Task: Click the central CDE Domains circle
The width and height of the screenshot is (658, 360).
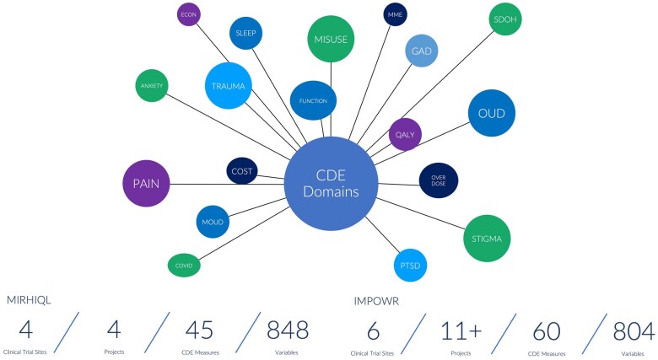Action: click(x=331, y=183)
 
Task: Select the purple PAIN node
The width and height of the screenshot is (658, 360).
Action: click(x=146, y=183)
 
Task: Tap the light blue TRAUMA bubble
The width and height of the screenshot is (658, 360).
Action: click(x=229, y=85)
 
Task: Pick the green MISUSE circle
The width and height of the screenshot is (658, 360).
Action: click(x=331, y=39)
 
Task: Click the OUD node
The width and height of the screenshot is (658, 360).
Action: click(x=492, y=113)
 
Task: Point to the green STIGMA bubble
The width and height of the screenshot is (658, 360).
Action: click(x=487, y=239)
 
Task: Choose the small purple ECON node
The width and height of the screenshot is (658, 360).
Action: click(x=189, y=14)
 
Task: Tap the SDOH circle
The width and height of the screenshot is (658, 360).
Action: click(x=505, y=19)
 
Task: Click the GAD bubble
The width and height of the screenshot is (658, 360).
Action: click(x=422, y=51)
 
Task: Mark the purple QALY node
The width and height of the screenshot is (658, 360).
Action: click(x=405, y=134)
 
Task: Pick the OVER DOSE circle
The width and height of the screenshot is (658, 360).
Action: click(x=439, y=180)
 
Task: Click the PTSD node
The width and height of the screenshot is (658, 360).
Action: click(x=410, y=266)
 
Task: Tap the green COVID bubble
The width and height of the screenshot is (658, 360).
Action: click(x=184, y=266)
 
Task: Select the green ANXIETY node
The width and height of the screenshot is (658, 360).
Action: click(x=152, y=85)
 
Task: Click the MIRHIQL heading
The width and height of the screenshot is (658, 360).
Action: click(x=30, y=300)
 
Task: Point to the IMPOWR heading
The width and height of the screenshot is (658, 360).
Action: click(x=377, y=300)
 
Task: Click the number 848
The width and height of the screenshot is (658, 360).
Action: click(x=288, y=329)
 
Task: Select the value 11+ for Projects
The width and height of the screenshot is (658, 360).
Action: click(x=460, y=330)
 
